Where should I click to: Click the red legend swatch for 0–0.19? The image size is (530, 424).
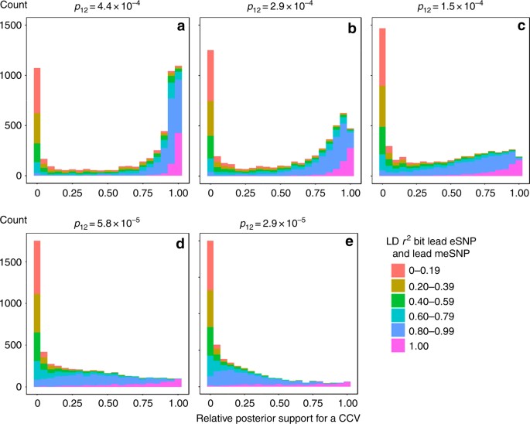[398, 269]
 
